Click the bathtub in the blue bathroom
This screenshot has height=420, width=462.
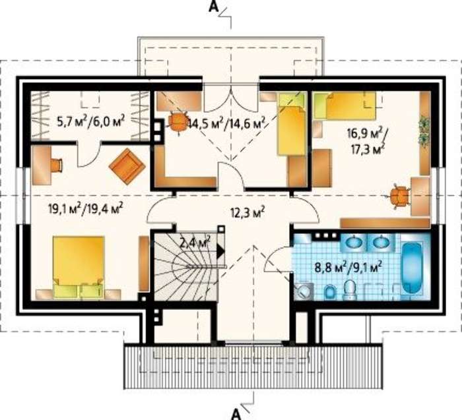click(x=412, y=268)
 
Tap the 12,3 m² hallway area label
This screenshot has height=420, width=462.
click(x=247, y=212)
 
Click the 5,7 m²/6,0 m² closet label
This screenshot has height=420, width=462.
click(x=91, y=121)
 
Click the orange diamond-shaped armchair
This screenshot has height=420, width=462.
click(x=127, y=166)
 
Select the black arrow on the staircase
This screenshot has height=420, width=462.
click(x=220, y=252)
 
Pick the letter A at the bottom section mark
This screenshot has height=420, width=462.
click(x=236, y=414)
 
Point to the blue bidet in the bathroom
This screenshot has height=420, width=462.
click(x=330, y=293)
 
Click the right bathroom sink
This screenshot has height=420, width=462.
click(x=380, y=243)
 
